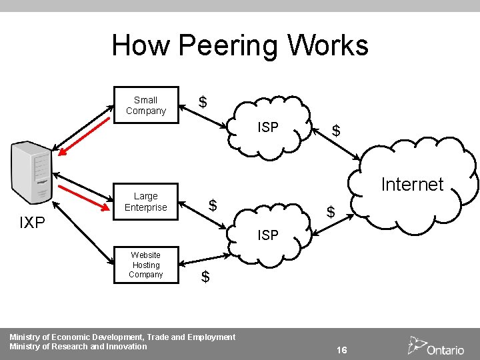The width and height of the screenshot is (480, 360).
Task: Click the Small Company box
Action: pos(145,105)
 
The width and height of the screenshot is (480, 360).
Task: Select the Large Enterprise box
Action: pos(145,201)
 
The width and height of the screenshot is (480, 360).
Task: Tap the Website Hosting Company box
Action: pos(145,265)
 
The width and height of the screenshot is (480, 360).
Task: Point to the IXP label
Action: pos(32,223)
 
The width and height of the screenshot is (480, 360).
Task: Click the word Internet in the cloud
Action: pos(411,185)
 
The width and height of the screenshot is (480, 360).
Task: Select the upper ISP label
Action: pos(268,127)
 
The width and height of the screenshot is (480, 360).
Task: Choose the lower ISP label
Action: pos(268,235)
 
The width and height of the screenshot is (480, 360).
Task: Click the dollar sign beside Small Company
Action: pos(203,102)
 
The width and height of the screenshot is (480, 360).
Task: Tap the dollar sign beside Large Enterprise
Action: pos(212,205)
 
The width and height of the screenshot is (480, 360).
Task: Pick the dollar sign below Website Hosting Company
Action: pos(205,276)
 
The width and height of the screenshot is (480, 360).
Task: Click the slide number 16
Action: pos(341,350)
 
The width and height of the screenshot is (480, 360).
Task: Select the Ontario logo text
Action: pos(445,349)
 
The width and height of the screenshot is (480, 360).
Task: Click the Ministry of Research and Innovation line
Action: pos(78,347)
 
